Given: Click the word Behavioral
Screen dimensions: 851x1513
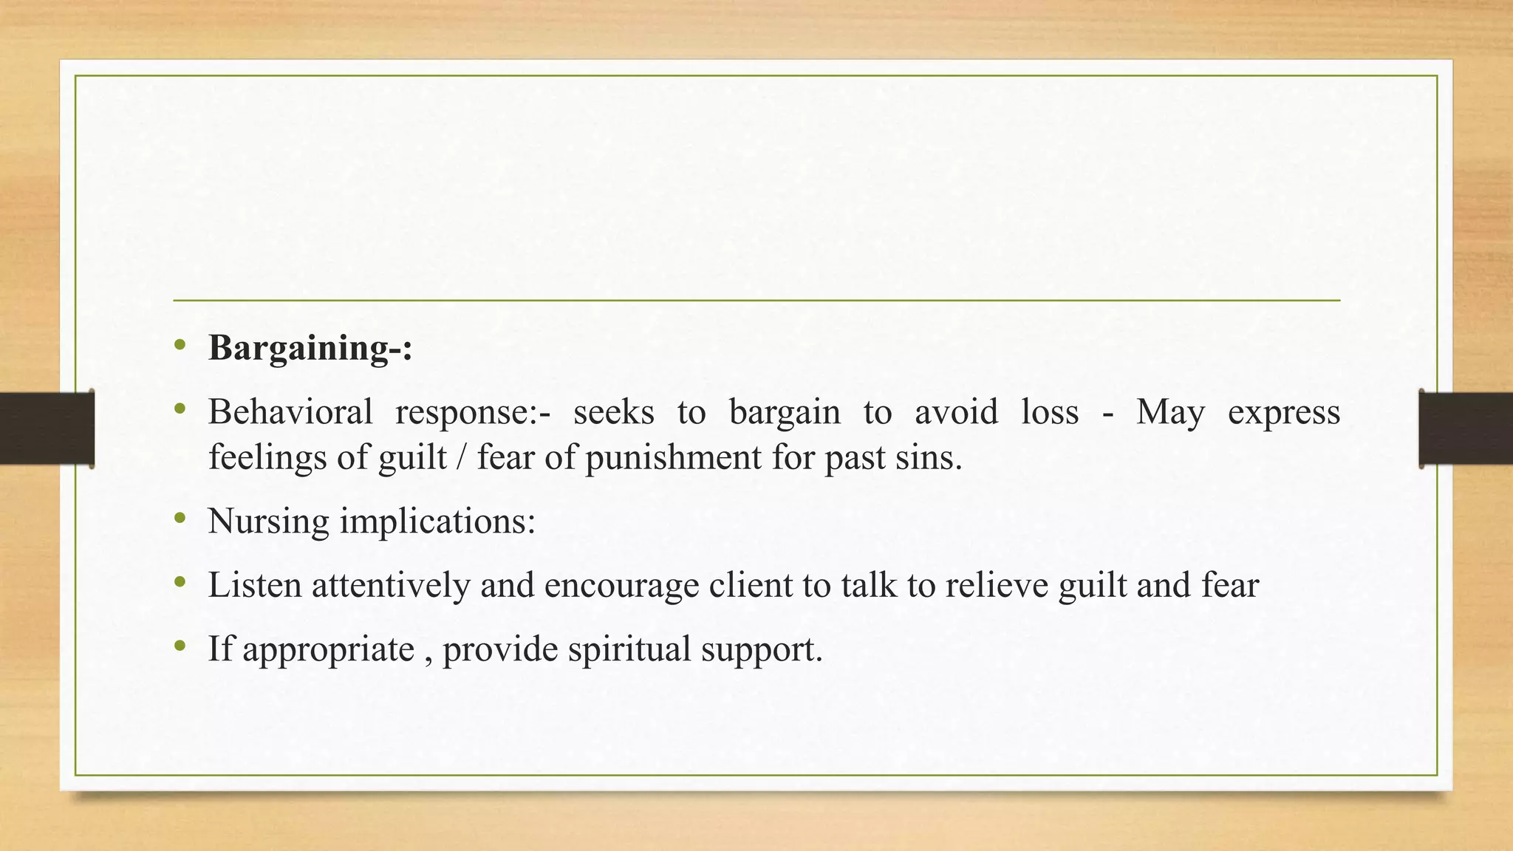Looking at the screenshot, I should click(290, 412).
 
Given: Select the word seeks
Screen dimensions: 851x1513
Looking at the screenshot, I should click(613, 412).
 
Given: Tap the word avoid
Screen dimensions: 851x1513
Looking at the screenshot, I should click(956, 412).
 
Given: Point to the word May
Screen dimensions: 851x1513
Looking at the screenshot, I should click(1170, 412).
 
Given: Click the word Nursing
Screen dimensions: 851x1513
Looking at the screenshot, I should click(269, 522).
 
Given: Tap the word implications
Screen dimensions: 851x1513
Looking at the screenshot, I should click(437, 522).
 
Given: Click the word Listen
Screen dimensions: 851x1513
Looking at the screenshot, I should click(255, 585).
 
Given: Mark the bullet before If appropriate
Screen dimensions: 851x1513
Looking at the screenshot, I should click(180, 646).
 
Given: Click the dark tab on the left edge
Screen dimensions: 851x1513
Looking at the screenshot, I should click(47, 428).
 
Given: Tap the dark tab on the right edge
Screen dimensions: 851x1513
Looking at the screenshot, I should click(1466, 428).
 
